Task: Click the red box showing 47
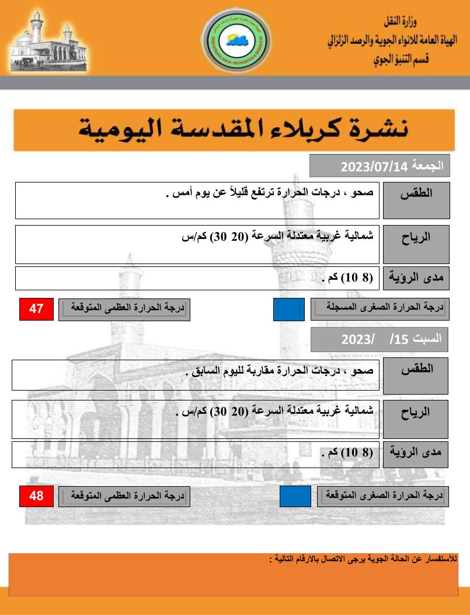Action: point(36,309)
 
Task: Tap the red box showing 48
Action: point(36,496)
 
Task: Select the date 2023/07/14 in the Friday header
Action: point(374,168)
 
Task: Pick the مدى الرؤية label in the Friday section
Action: point(416,278)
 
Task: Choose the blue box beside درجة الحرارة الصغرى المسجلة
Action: point(288,310)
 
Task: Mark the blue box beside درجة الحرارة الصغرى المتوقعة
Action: point(295,496)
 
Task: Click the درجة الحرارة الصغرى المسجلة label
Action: point(380,309)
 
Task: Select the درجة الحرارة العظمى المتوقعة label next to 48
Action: point(124,496)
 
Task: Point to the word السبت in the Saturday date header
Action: point(428,338)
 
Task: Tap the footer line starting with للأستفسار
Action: point(363,558)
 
